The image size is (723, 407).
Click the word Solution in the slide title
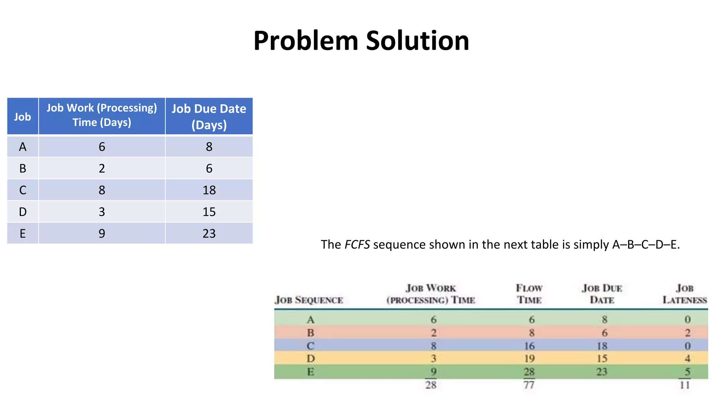(x=417, y=41)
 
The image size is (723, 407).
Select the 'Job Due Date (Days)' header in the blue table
(x=209, y=117)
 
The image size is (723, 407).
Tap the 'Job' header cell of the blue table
(x=23, y=117)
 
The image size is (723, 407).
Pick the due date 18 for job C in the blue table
(x=209, y=190)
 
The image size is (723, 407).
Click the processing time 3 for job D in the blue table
(x=102, y=212)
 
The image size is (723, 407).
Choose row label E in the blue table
(x=23, y=234)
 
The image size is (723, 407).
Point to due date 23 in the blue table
(x=209, y=234)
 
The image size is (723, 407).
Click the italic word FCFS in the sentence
(x=357, y=244)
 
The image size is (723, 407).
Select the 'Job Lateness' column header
(x=685, y=294)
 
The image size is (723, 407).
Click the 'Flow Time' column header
(x=529, y=294)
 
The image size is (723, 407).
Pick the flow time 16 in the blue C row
(x=529, y=346)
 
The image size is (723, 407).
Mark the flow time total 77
(x=529, y=385)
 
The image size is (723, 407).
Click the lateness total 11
(x=685, y=385)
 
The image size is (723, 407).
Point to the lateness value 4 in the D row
(x=687, y=359)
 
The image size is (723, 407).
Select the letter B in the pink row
(x=311, y=333)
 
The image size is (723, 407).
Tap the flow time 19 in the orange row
(x=529, y=359)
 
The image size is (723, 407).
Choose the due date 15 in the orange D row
(x=602, y=359)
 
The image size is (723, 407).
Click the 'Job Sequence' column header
(x=309, y=300)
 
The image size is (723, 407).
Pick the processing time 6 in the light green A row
(x=434, y=320)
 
